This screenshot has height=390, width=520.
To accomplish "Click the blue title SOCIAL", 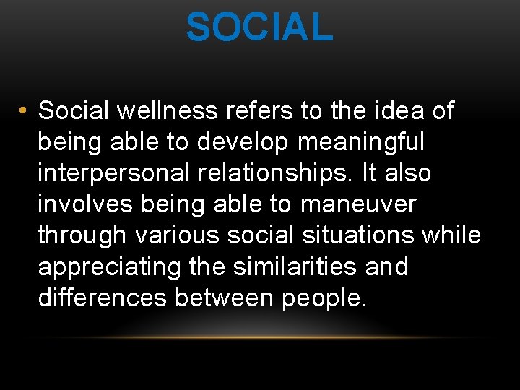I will (259, 27).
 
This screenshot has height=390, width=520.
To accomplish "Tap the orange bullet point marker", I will (24, 112).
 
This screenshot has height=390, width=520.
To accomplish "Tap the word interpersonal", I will (113, 174).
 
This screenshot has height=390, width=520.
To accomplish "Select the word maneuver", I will (358, 204).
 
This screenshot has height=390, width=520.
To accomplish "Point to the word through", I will (81, 236).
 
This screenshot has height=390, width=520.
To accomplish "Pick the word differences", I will (102, 298).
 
